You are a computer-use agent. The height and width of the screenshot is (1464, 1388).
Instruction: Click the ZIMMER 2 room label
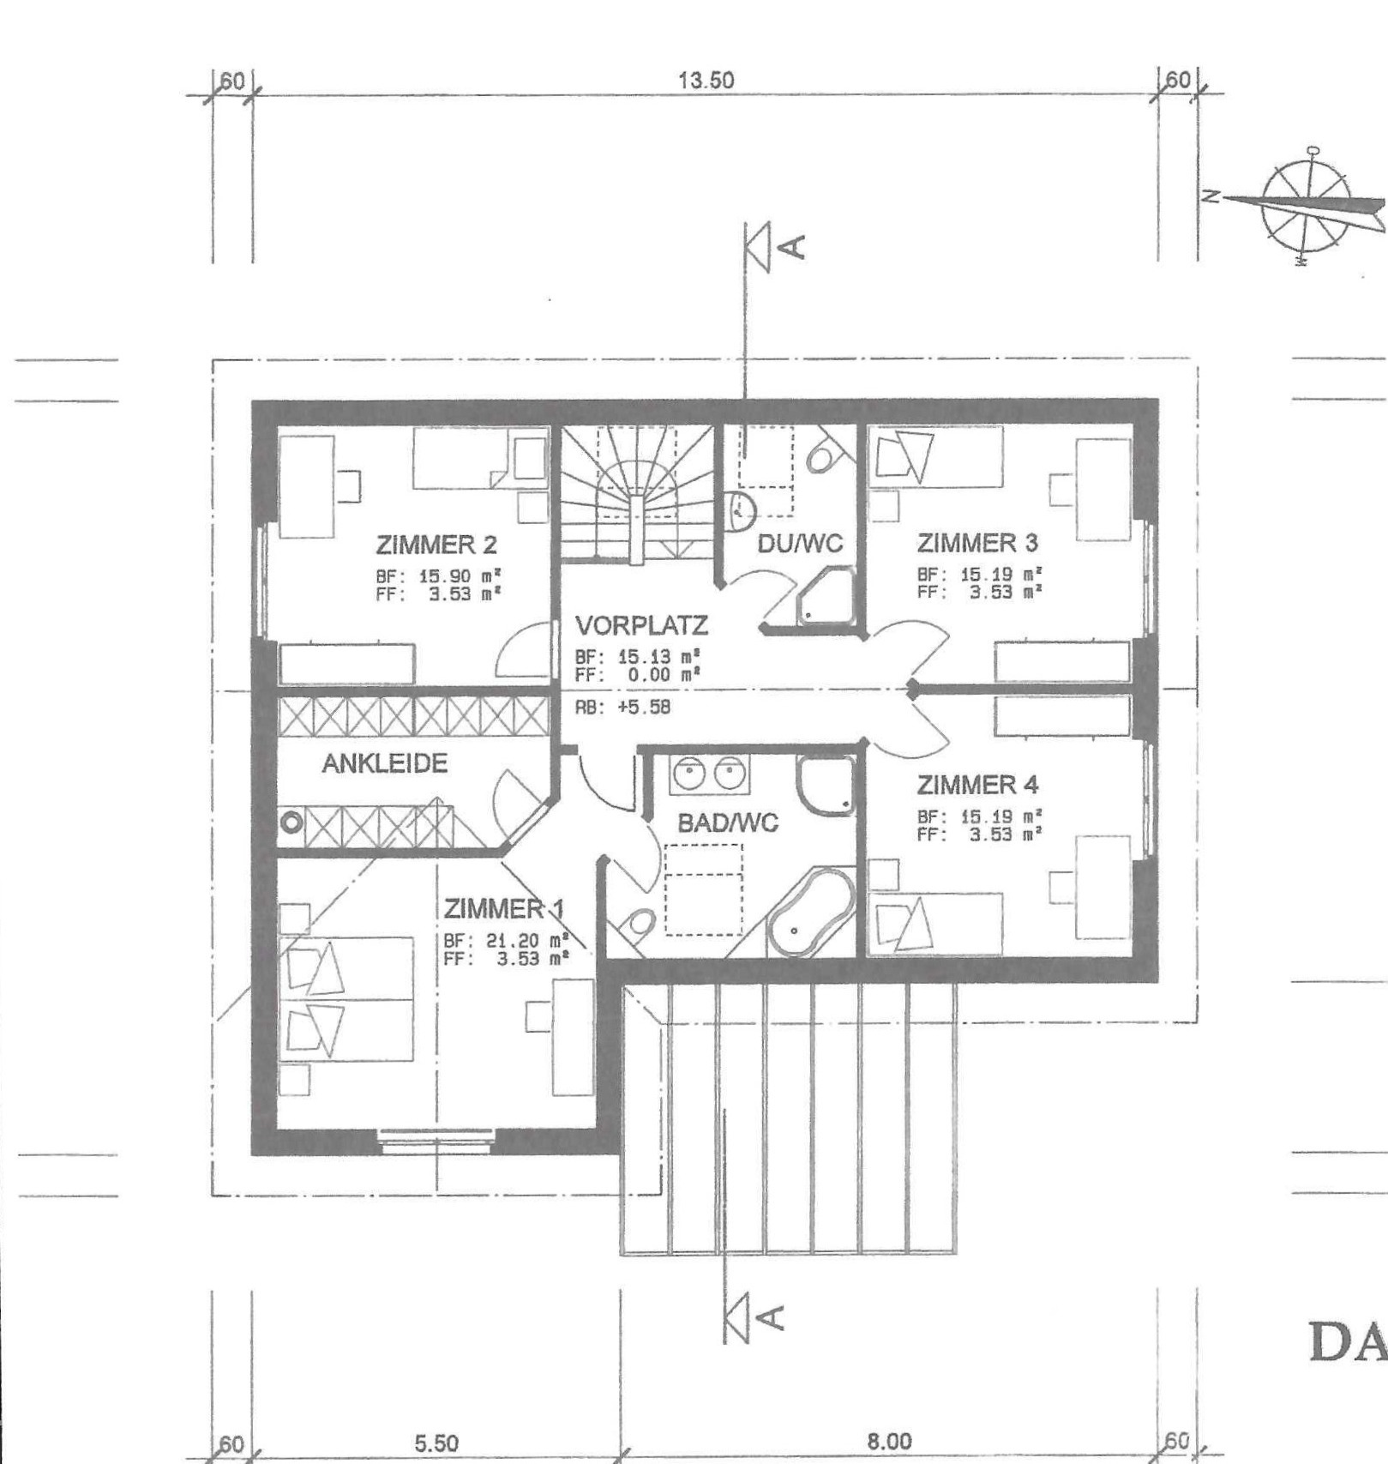pyautogui.click(x=436, y=545)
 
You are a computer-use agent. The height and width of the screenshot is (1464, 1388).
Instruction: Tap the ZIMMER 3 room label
pyautogui.click(x=977, y=543)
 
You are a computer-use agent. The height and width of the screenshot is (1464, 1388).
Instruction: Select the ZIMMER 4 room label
pyautogui.click(x=977, y=785)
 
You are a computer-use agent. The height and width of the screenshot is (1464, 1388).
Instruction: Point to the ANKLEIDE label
pyautogui.click(x=384, y=763)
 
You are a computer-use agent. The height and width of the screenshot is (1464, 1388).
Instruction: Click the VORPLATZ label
pyautogui.click(x=641, y=625)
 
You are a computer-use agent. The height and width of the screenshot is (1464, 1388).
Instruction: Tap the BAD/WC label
pyautogui.click(x=727, y=823)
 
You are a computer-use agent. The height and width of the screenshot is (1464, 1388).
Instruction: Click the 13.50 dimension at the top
pyautogui.click(x=706, y=81)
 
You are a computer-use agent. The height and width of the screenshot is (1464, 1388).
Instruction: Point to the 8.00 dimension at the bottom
pyautogui.click(x=889, y=1441)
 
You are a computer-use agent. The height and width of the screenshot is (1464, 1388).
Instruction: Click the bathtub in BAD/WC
pyautogui.click(x=809, y=913)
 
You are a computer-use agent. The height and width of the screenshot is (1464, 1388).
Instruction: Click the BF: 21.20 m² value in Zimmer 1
pyautogui.click(x=506, y=941)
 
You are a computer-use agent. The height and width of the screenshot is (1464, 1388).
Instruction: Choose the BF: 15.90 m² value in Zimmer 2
pyautogui.click(x=438, y=576)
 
